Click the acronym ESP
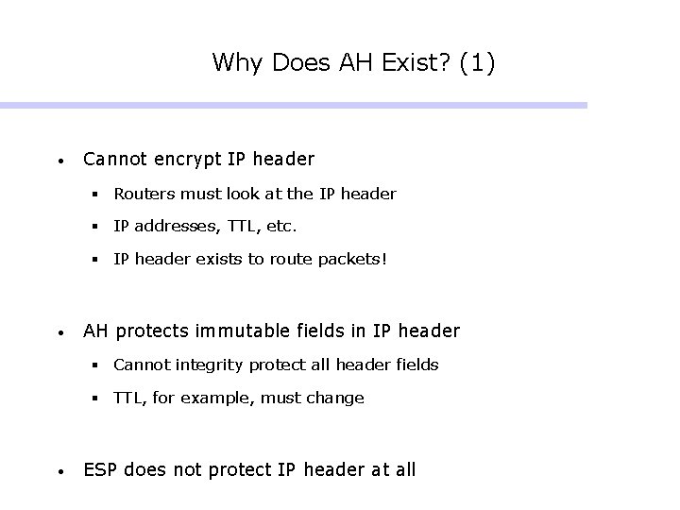(x=101, y=469)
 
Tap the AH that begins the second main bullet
(x=95, y=331)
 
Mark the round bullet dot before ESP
(x=59, y=471)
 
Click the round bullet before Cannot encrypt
(x=59, y=161)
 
